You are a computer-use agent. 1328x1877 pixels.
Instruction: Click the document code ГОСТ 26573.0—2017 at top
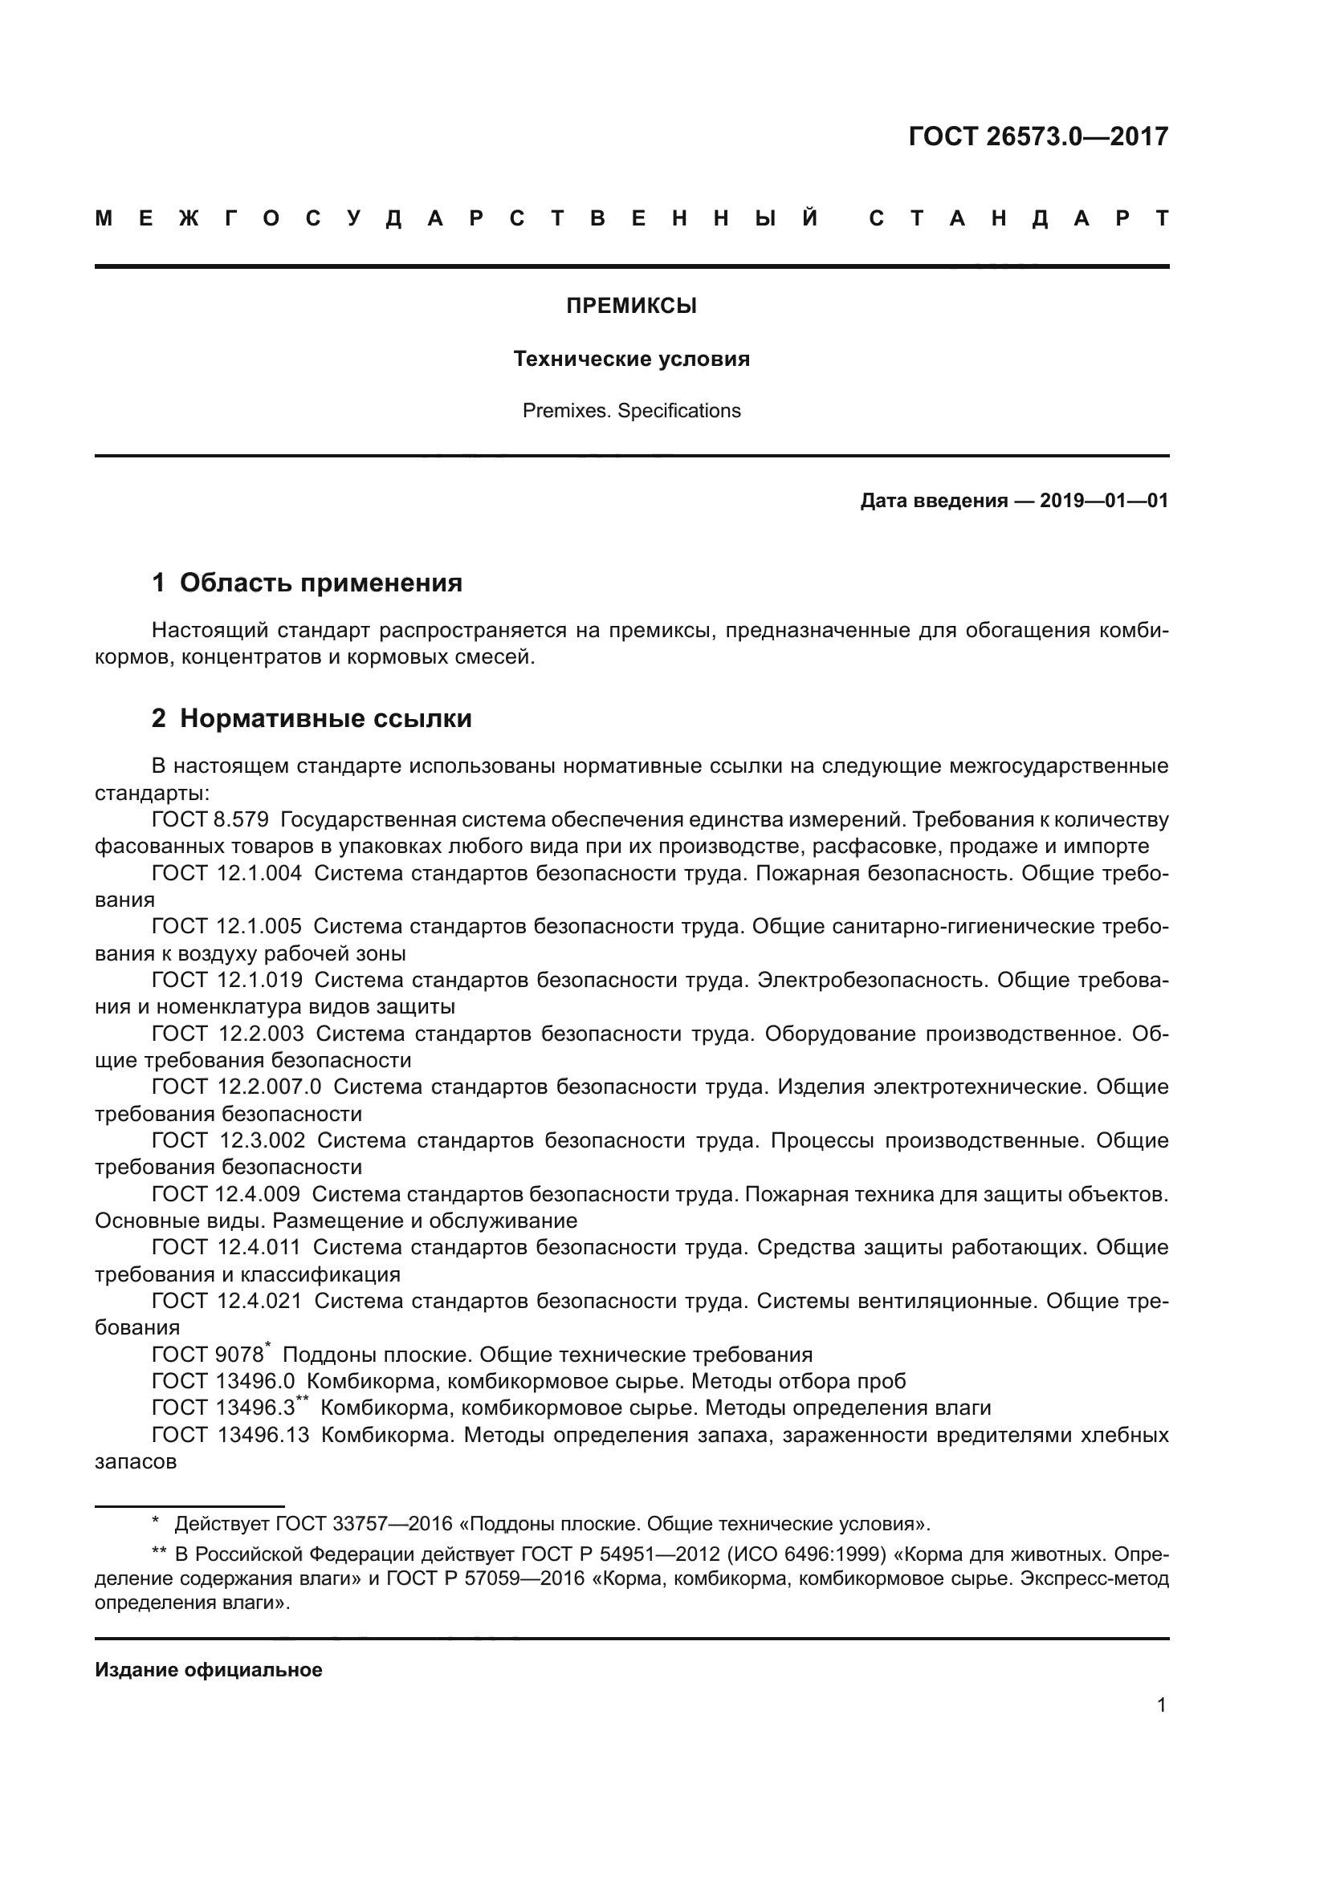click(x=1037, y=136)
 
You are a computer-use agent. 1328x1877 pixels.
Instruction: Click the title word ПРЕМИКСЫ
click(x=631, y=307)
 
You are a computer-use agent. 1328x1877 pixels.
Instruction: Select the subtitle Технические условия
click(x=631, y=359)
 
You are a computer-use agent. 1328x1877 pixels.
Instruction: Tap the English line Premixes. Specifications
click(x=631, y=410)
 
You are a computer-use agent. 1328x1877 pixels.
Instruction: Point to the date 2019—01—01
click(x=1103, y=500)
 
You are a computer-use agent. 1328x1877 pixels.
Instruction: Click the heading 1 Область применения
click(x=307, y=583)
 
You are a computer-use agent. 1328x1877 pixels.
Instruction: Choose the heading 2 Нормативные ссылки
click(x=312, y=718)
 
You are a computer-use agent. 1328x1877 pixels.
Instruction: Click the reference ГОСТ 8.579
click(x=210, y=820)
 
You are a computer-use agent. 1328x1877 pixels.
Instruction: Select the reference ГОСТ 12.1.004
click(x=226, y=873)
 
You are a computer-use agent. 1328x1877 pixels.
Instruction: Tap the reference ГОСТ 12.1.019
click(x=226, y=979)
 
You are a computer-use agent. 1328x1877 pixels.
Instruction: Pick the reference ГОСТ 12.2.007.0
click(x=236, y=1087)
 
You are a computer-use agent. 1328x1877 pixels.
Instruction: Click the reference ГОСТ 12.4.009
click(x=226, y=1194)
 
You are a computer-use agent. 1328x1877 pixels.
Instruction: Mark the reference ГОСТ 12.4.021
click(x=226, y=1301)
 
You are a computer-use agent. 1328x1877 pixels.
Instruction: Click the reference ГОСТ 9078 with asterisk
click(x=208, y=1355)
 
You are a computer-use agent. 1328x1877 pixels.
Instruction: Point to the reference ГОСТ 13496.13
click(x=230, y=1435)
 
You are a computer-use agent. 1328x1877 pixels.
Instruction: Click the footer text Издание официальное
click(x=209, y=1670)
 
